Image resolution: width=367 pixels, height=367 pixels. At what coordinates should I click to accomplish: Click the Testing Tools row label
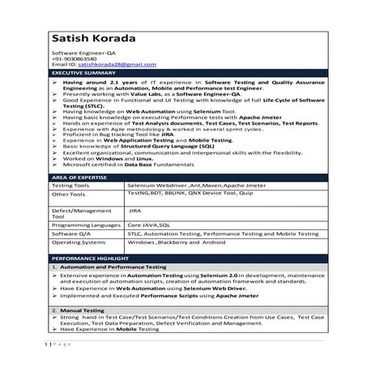pyautogui.click(x=70, y=186)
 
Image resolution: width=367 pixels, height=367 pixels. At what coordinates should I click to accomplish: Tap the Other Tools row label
pyautogui.click(x=68, y=195)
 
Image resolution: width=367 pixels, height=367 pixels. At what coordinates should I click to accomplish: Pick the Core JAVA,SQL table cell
pyautogui.click(x=147, y=224)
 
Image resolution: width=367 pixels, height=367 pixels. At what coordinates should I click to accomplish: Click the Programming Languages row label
pyautogui.click(x=84, y=224)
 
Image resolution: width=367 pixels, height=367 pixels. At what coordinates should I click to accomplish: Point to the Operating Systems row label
pyautogui.click(x=78, y=243)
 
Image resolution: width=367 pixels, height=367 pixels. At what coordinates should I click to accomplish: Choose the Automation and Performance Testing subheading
pyautogui.click(x=113, y=267)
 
